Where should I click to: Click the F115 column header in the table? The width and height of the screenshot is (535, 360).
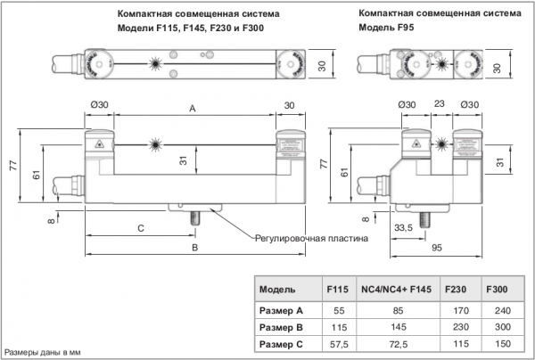[x=337, y=290]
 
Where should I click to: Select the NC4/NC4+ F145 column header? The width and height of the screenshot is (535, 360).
[x=397, y=290]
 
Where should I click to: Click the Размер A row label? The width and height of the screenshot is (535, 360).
[x=281, y=310]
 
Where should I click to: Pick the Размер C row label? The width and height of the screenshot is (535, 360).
[x=281, y=344]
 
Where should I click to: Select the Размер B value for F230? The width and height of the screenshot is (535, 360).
[x=456, y=327]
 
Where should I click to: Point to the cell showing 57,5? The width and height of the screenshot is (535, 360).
[x=337, y=344]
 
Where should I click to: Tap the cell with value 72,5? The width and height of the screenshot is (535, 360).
[x=397, y=344]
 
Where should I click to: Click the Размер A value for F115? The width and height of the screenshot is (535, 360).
[x=337, y=310]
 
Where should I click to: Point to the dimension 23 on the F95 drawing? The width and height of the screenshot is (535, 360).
[x=438, y=105]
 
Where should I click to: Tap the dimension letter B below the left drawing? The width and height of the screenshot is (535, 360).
[x=194, y=247]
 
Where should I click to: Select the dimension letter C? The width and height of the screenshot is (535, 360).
[x=141, y=228]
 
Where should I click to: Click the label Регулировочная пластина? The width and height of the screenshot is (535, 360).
[x=310, y=238]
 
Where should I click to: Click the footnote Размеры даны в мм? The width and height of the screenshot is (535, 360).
[x=40, y=352]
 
